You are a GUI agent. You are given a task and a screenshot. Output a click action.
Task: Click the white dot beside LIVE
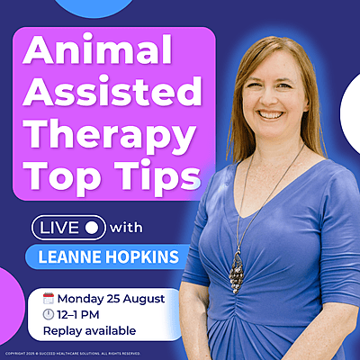[x=94, y=228]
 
